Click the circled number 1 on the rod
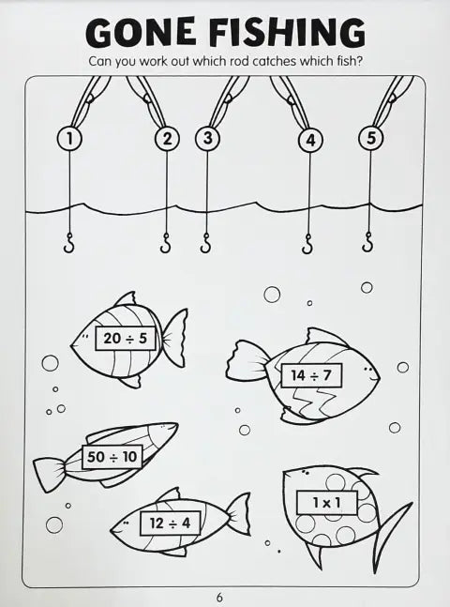[x=69, y=139]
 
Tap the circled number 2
[x=167, y=139]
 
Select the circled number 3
[x=207, y=138]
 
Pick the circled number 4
[x=310, y=141]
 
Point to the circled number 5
[x=371, y=138]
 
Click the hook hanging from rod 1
[x=68, y=243]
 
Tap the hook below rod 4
[x=307, y=244]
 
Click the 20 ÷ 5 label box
[x=126, y=339]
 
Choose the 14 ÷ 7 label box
[x=311, y=375]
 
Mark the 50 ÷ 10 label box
[x=112, y=457]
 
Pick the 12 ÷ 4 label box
[x=171, y=524]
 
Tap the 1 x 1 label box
[x=327, y=503]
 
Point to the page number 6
[x=219, y=598]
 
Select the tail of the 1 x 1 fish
[x=391, y=534]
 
